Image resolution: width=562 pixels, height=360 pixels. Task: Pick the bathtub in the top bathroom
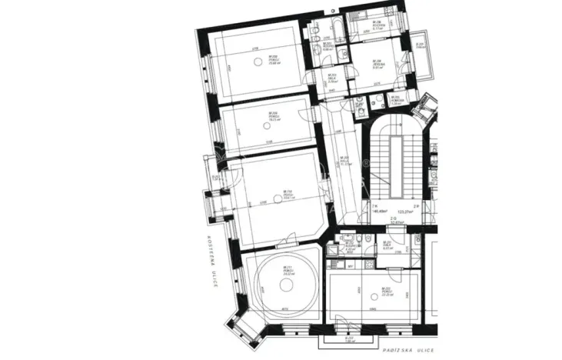(338, 32)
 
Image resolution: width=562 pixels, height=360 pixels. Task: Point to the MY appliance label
(350, 266)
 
